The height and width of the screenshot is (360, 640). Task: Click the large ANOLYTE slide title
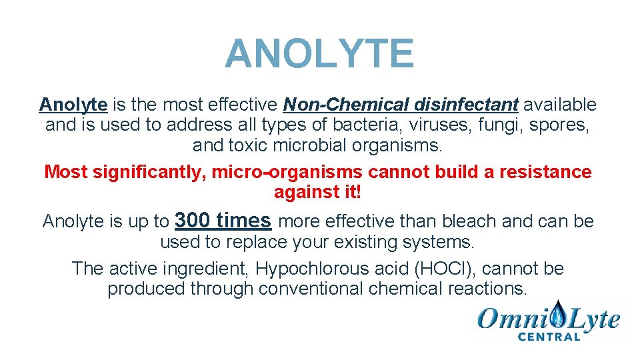pos(319,54)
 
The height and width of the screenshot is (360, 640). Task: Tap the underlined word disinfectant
pos(466,105)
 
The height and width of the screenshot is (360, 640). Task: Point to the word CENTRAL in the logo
pos(549,337)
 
